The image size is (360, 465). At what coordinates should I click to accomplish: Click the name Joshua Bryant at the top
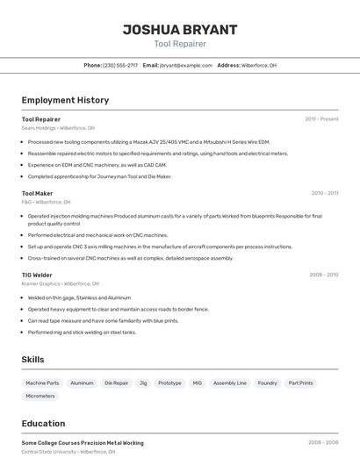(180, 30)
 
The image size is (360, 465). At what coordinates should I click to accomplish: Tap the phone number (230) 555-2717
(120, 65)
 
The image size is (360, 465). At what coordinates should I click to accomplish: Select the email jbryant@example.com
(186, 65)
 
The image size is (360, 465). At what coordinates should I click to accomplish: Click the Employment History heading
(65, 100)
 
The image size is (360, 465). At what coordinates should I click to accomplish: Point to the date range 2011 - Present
(321, 118)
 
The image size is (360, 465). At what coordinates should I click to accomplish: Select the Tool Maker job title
(38, 193)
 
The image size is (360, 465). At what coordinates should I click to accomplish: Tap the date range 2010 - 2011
(324, 193)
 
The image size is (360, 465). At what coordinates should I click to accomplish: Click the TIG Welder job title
(37, 275)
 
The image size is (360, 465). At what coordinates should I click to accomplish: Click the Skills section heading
(32, 360)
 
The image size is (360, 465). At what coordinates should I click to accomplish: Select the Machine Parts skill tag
(42, 383)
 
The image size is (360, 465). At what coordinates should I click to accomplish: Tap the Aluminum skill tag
(82, 383)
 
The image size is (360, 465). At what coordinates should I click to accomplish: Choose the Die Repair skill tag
(116, 383)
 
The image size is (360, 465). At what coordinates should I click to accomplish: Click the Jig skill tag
(143, 383)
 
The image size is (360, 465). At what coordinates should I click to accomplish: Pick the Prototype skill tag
(169, 383)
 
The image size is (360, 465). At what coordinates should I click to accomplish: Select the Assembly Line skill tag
(230, 383)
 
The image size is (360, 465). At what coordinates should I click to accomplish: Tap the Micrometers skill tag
(40, 396)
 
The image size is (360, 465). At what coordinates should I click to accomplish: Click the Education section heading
(43, 424)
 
